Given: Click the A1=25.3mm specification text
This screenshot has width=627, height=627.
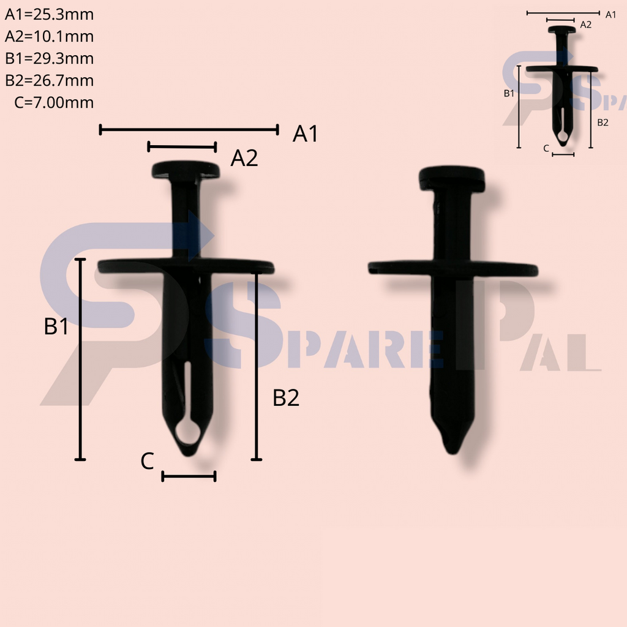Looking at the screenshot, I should tap(50, 14).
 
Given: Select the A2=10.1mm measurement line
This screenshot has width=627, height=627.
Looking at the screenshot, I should tap(182, 146).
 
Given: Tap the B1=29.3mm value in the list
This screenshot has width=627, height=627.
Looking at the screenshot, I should tap(50, 58).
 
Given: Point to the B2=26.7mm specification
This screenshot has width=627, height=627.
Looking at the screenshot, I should tap(50, 80).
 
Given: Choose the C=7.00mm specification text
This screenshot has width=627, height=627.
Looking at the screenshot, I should tap(54, 102).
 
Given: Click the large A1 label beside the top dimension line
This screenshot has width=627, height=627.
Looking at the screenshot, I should tap(306, 133).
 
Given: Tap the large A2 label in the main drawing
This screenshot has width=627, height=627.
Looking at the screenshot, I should tap(244, 159).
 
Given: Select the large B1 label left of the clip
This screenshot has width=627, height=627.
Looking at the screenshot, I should tap(56, 327).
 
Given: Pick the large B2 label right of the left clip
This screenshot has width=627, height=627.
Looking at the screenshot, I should tap(286, 398).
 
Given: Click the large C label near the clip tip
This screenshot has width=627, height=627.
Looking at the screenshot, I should tap(147, 462).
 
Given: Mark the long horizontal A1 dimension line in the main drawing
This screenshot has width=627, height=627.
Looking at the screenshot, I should tap(189, 129).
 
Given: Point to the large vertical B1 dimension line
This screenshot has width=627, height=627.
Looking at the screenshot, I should tap(80, 359).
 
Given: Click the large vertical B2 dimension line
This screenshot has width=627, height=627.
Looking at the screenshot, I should tap(257, 366).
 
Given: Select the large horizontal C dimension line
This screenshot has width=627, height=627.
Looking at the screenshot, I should tap(189, 476).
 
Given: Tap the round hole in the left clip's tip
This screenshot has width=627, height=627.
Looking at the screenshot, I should tap(189, 432).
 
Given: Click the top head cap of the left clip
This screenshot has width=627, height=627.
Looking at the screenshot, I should tap(186, 170).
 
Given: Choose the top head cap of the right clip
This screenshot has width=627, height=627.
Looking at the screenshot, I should tap(452, 177).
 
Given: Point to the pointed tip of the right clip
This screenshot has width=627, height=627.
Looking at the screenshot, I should tap(452, 444).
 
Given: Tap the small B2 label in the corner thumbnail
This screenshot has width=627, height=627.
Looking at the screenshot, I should tap(603, 122).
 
